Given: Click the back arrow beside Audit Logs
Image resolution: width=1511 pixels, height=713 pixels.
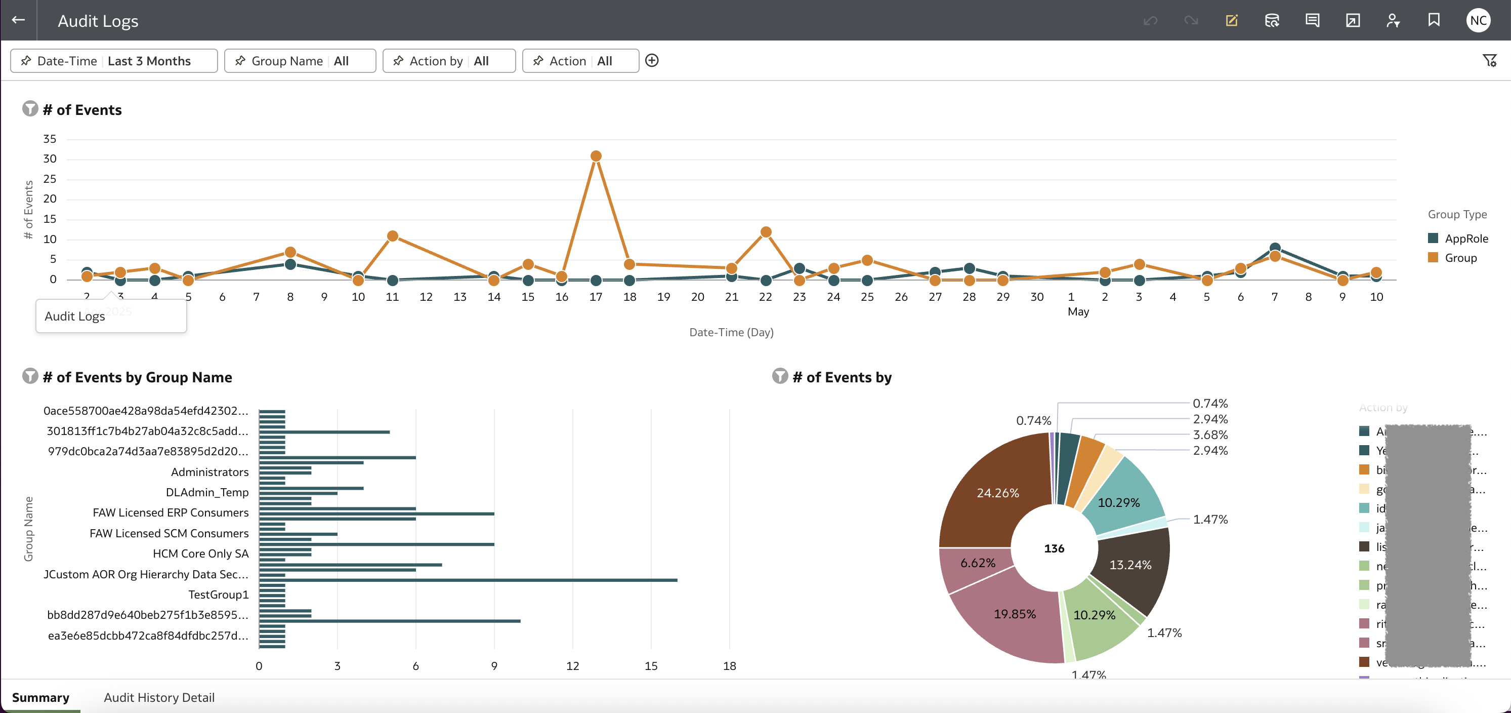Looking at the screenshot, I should click(x=18, y=20).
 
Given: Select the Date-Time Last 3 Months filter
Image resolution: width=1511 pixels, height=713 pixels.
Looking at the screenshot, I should click(x=114, y=61).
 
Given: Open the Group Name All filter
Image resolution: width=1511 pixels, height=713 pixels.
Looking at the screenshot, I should click(x=300, y=61).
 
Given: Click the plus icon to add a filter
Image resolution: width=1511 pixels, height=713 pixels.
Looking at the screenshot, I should click(x=652, y=60).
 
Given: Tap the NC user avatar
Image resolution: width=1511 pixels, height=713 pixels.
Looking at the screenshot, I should click(x=1478, y=21).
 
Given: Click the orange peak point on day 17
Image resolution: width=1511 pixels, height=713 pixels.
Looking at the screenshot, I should click(x=596, y=156).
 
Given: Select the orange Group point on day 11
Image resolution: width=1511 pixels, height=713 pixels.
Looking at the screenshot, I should click(x=392, y=236).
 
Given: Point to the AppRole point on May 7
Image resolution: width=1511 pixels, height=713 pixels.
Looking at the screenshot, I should click(x=1274, y=248).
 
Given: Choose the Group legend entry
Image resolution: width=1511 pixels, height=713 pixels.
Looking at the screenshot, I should click(x=1460, y=258).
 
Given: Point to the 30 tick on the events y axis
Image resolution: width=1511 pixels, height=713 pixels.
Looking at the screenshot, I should click(x=50, y=159).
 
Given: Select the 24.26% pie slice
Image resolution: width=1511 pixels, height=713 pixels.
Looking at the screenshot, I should click(x=997, y=493).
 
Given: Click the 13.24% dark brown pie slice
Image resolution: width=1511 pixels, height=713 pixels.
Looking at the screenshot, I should click(x=1130, y=565).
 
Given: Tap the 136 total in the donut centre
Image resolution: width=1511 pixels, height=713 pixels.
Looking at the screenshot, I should click(x=1054, y=548).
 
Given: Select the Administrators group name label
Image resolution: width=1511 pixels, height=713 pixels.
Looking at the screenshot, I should click(x=209, y=472).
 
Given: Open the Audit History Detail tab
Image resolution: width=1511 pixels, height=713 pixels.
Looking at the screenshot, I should click(x=159, y=697).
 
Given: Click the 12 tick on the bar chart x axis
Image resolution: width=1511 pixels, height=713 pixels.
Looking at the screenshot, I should click(x=572, y=666).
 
